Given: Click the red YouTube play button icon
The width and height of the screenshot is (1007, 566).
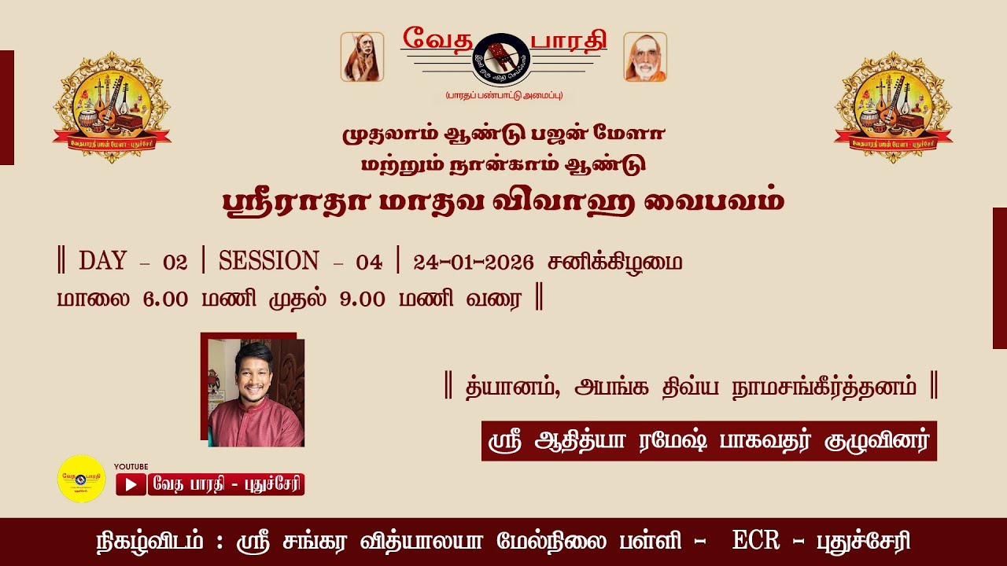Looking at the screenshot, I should click(131, 485).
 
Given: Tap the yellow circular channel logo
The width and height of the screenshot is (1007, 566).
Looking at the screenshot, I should click(81, 479).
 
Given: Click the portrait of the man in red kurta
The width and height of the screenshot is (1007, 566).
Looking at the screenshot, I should click(256, 393).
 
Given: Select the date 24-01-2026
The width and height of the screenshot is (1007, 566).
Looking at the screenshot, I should click(474, 263).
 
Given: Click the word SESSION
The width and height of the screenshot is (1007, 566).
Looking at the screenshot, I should click(269, 262).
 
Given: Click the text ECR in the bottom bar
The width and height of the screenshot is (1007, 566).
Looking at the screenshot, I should click(755, 542).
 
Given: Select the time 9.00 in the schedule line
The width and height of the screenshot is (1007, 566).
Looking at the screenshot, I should click(363, 300).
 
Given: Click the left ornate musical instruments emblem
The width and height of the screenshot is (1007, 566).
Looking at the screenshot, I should click(112, 107).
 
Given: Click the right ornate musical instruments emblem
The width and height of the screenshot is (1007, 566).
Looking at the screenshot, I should click(893, 107).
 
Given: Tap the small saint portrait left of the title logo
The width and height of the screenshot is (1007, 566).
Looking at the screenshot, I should click(362, 57).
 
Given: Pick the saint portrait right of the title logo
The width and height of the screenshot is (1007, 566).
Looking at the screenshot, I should click(645, 57).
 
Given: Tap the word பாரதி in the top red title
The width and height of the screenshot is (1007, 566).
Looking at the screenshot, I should click(566, 38).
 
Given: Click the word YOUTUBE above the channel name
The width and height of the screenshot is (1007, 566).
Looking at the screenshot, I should click(131, 467).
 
